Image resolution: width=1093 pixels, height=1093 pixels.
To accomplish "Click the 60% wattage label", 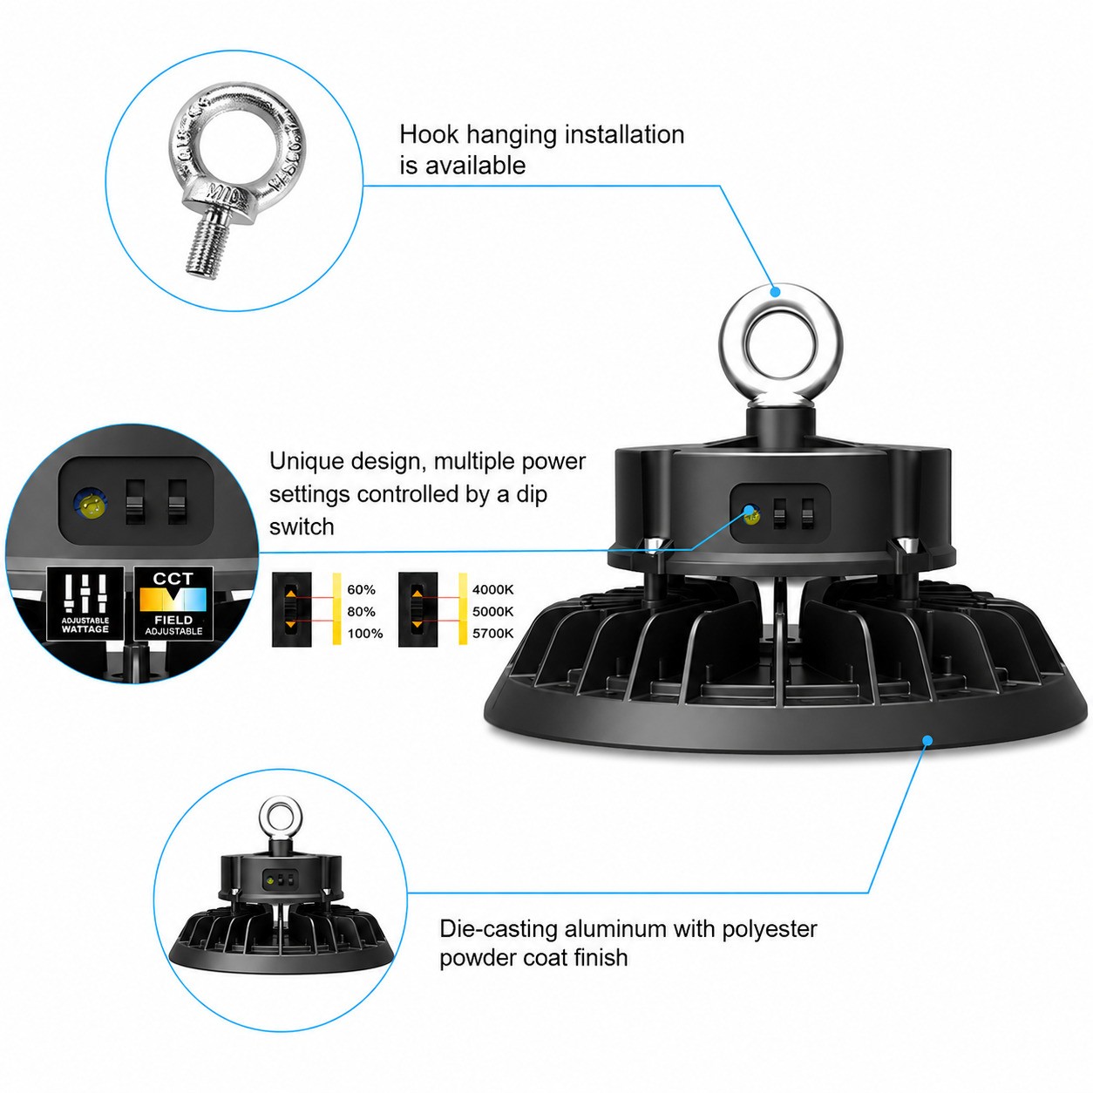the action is click(x=362, y=590).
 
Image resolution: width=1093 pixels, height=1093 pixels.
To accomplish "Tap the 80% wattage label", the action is click(x=362, y=612).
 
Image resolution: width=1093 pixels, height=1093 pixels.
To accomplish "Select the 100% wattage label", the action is click(x=364, y=634).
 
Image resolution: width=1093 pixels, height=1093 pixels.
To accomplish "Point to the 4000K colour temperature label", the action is click(x=493, y=590).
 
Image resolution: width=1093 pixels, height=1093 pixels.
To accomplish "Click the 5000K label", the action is click(x=493, y=612).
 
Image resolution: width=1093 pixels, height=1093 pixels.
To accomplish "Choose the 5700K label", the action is click(x=493, y=634).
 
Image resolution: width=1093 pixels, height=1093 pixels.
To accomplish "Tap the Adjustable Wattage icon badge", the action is click(x=85, y=603).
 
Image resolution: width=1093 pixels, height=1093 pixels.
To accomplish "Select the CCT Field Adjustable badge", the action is click(x=173, y=603).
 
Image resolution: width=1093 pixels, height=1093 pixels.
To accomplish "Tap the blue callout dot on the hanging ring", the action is click(x=776, y=291).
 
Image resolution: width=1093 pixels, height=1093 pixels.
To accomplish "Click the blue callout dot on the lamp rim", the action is click(x=927, y=740).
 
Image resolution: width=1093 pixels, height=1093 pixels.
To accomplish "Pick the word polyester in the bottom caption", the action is click(x=769, y=930).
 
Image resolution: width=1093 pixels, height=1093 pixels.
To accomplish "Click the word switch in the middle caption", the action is click(x=302, y=527).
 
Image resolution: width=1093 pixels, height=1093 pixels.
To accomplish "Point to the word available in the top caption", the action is click(x=475, y=166).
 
